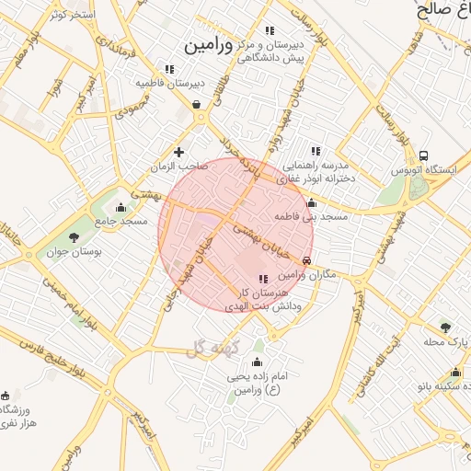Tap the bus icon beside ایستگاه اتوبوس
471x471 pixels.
click(x=423, y=155)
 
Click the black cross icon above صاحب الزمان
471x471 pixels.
click(x=178, y=152)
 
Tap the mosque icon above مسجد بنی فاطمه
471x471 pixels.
click(x=311, y=203)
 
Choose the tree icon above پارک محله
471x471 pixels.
click(x=446, y=327)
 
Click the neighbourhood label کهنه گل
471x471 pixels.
click(x=211, y=347)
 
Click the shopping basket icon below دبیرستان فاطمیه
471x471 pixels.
click(x=197, y=105)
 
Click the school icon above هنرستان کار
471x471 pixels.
click(x=263, y=278)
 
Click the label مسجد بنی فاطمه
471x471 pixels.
click(x=310, y=217)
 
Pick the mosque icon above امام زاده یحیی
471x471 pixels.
click(x=256, y=361)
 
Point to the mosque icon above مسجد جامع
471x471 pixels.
click(x=121, y=206)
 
